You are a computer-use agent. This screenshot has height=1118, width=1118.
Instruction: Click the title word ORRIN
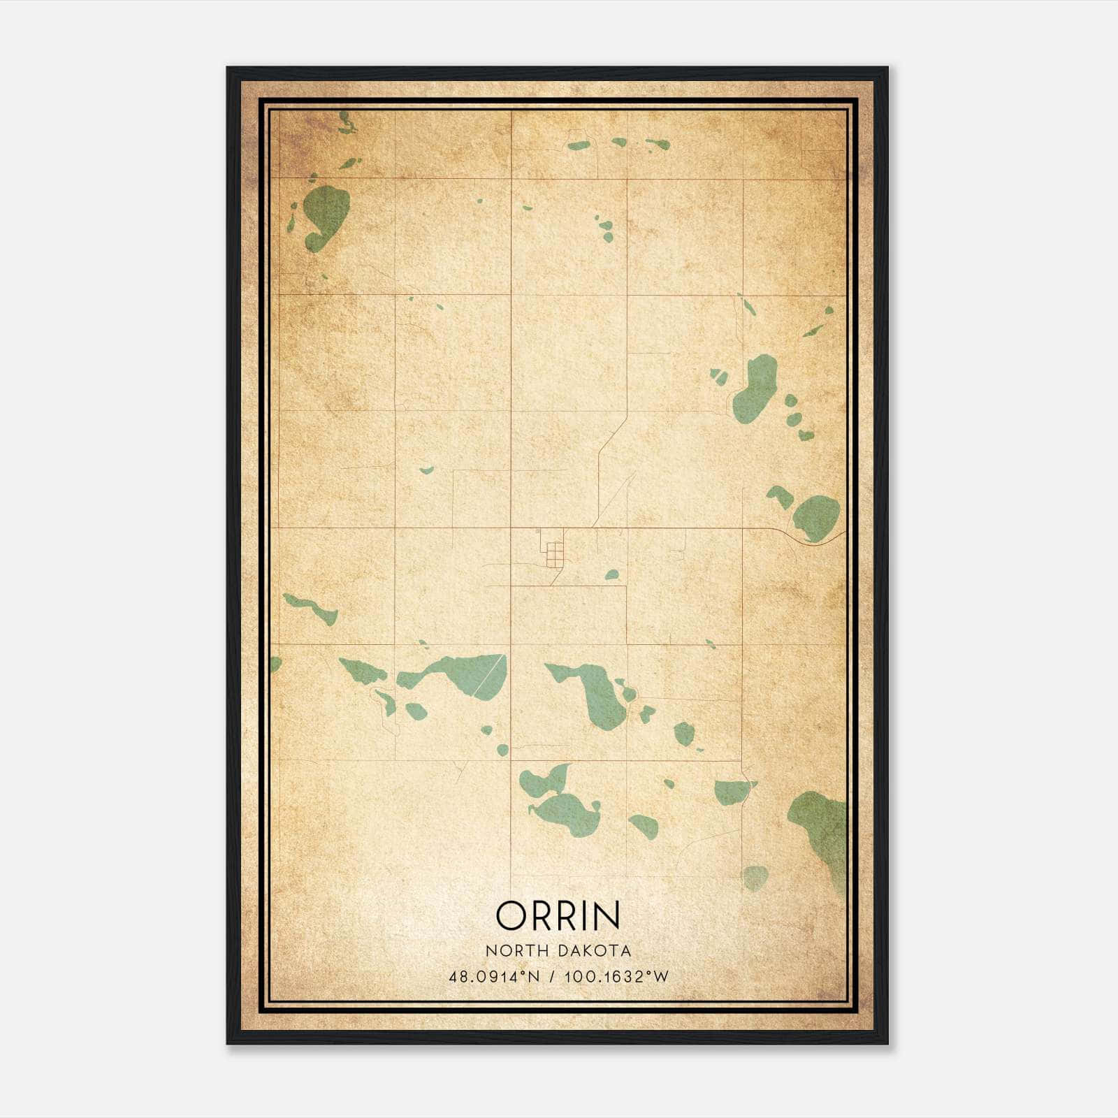pos(558,915)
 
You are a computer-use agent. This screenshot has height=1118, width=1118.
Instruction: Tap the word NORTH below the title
pos(514,950)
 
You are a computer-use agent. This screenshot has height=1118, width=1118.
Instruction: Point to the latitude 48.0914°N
pos(494,977)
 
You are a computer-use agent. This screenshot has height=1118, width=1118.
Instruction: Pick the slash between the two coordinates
pos(552,977)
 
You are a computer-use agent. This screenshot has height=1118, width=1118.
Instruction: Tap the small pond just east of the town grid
pos(612,574)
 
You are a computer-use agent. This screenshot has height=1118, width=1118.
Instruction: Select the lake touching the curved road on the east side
pos(816,517)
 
